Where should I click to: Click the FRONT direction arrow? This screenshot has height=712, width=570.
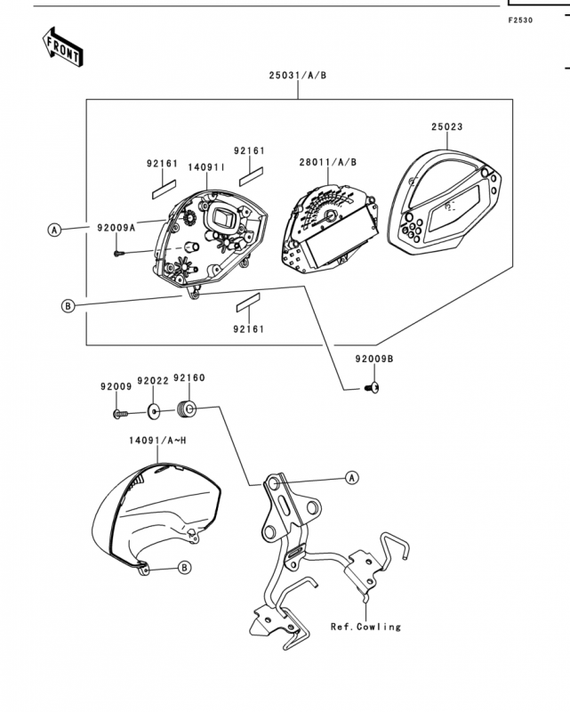tap(62, 47)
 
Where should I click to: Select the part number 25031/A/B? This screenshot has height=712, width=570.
tap(298, 76)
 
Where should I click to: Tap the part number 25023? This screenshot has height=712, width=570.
tap(447, 126)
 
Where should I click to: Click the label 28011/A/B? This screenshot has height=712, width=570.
tap(327, 162)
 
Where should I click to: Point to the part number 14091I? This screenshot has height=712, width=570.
tap(207, 167)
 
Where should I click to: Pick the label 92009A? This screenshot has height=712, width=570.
tap(116, 228)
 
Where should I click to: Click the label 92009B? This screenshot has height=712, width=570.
tap(374, 359)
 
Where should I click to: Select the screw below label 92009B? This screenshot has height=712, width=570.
tap(372, 388)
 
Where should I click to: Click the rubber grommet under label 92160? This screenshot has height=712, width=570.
tap(186, 409)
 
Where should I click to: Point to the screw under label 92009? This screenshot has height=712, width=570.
tap(120, 414)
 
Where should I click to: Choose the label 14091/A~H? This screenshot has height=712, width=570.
tap(157, 441)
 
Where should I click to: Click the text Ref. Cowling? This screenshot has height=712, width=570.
tap(365, 627)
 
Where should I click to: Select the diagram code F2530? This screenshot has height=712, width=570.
tap(520, 20)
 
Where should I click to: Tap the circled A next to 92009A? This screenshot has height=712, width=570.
tap(54, 230)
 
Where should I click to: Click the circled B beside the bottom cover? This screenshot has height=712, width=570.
tap(184, 568)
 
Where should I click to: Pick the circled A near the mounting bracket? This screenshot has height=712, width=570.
tap(352, 478)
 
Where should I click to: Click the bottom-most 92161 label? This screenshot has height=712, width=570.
tap(249, 328)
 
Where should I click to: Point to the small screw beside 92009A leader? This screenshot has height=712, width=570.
tap(119, 254)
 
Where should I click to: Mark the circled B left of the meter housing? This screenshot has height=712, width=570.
tap(68, 306)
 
